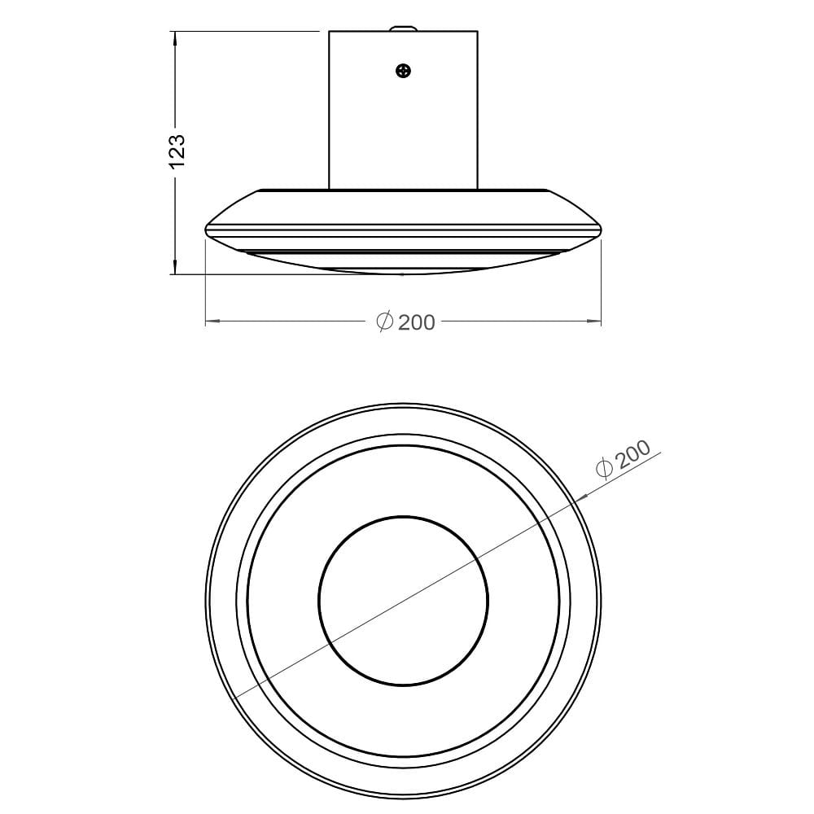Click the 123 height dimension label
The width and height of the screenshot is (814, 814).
[177, 151]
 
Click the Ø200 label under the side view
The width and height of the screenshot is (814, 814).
[405, 322]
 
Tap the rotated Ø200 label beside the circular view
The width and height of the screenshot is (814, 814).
[624, 458]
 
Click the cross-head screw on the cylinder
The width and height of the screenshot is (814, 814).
[404, 71]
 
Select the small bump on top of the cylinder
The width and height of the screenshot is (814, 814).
[404, 28]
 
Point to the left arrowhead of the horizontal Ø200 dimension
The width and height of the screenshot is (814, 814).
[212, 322]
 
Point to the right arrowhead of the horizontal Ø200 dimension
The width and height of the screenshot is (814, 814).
[594, 322]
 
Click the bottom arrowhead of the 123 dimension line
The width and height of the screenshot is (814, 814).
[176, 266]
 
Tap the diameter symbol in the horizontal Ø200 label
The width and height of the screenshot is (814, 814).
[385, 322]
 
